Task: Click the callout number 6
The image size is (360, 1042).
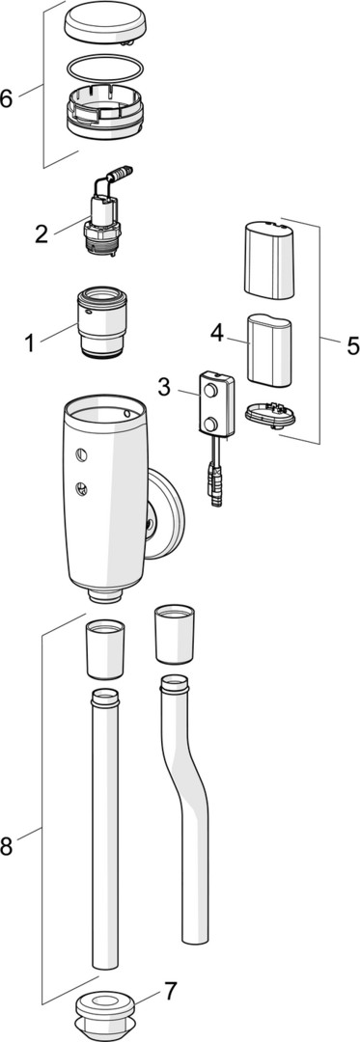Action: point(7,98)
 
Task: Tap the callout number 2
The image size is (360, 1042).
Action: point(42,233)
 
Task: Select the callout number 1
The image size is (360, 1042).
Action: point(30,343)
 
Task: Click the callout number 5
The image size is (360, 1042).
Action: point(352,345)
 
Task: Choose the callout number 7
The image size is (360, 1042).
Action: point(171,992)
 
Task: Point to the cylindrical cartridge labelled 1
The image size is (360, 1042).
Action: point(102,321)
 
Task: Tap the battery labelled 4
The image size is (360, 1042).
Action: point(269,350)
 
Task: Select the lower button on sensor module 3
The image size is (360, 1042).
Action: point(211,424)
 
